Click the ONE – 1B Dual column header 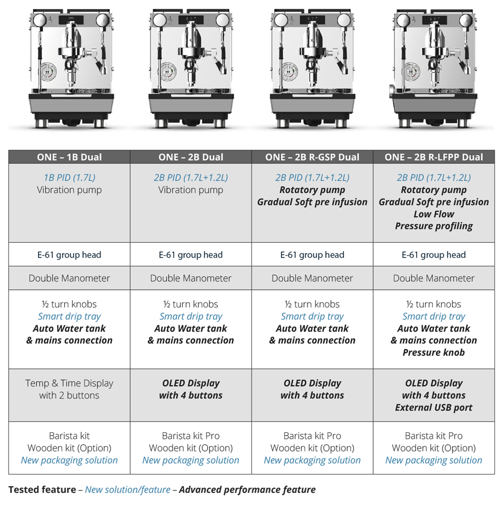coord(69,157)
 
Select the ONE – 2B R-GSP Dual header coord(312,157)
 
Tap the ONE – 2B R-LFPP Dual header coord(434,157)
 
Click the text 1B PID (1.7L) coord(69,177)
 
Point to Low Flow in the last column coord(434,214)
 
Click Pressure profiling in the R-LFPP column coord(434,226)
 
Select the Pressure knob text coord(434,352)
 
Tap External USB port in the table coord(434,408)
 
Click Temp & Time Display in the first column coord(69,383)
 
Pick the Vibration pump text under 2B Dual coord(190,190)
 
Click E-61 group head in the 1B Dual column coord(69,255)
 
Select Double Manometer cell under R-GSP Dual coord(312,278)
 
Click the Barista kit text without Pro coord(69,436)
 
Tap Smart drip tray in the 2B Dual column coord(190,316)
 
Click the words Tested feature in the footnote coord(42,489)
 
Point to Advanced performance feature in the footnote coord(247,489)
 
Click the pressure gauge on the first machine coord(48,71)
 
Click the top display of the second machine coord(190,20)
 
